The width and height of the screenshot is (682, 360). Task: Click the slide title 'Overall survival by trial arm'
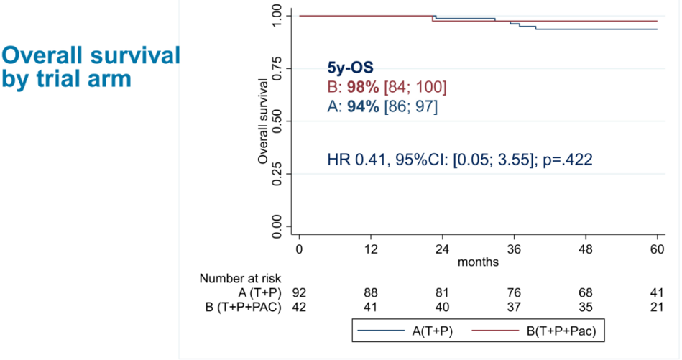90,67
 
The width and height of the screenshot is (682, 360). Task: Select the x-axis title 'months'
478,262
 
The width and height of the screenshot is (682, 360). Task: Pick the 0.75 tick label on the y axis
277,68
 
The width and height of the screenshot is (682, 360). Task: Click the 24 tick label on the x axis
441,249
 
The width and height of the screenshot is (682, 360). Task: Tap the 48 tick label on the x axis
585,249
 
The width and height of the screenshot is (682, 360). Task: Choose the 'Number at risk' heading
241,279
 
